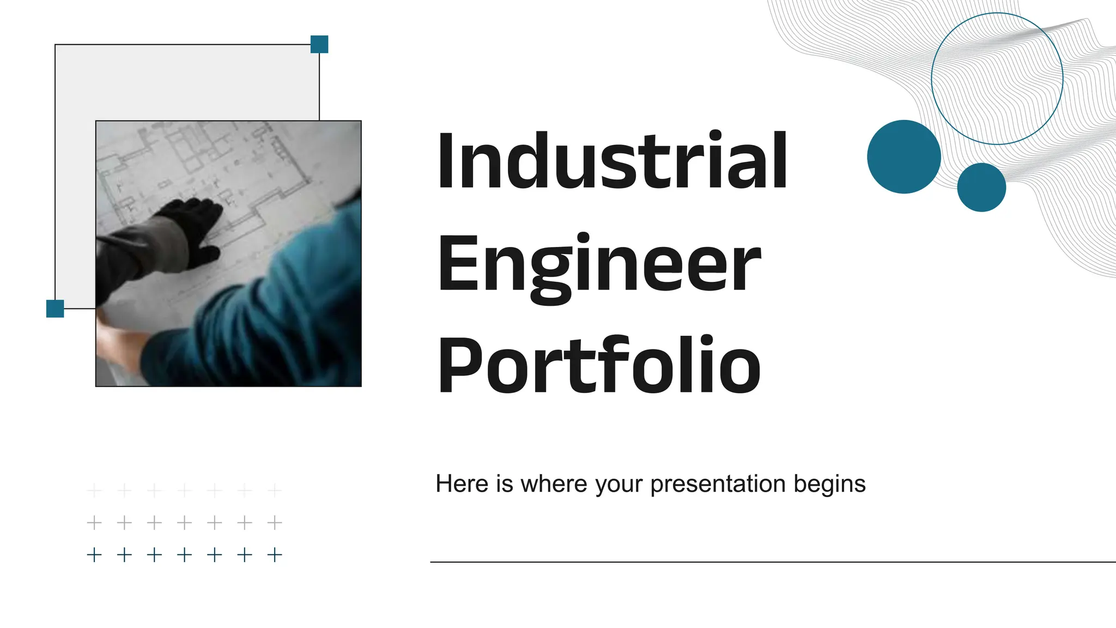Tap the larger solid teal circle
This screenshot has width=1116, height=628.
point(903,156)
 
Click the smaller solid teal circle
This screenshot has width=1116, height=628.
point(981,187)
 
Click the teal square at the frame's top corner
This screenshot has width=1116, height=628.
point(319,44)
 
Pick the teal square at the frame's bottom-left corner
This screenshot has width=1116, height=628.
point(55,309)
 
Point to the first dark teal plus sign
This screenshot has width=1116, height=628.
point(94,555)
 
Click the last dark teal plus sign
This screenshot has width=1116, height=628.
point(275,555)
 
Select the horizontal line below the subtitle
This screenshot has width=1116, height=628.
point(763,562)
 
